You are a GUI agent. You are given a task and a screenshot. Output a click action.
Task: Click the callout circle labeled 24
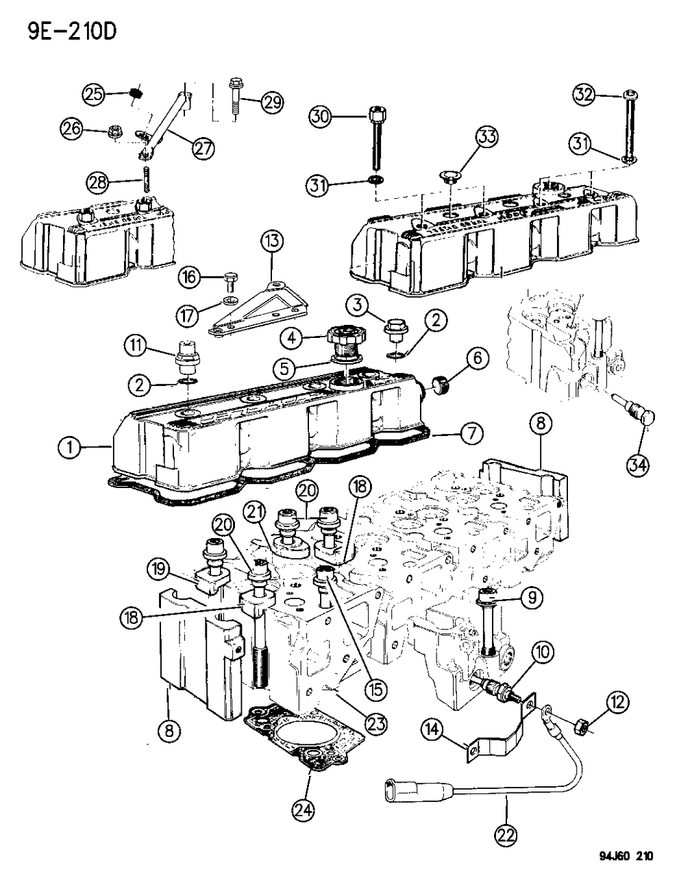pyautogui.click(x=304, y=810)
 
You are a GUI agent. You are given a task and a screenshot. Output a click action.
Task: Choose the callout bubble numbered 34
pyautogui.click(x=640, y=464)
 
